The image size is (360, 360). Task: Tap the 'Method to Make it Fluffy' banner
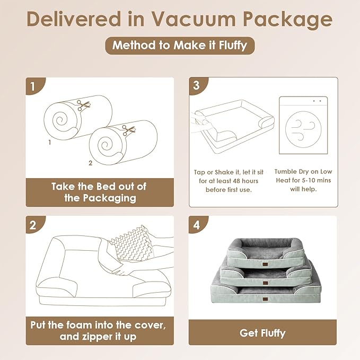[180, 45]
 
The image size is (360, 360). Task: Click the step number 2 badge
[33, 224]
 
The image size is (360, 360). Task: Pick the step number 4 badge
[196, 224]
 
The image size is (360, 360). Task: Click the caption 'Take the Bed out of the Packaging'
[99, 192]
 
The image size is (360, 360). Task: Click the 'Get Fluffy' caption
[262, 333]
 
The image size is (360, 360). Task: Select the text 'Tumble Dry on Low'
[303, 171]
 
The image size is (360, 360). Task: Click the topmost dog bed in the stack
[262, 249]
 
